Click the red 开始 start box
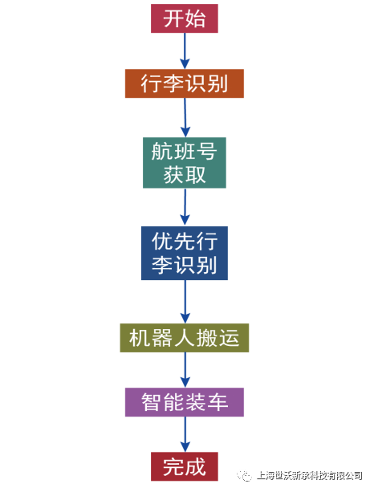click(x=185, y=18)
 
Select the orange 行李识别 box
click(x=185, y=83)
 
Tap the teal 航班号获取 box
click(x=185, y=163)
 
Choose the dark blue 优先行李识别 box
click(x=185, y=253)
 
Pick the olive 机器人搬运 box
click(x=185, y=338)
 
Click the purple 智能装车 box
click(x=185, y=402)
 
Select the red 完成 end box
click(x=185, y=466)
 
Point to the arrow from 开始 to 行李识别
click(x=185, y=51)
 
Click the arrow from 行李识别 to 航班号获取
click(x=185, y=118)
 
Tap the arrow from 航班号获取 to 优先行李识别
click(x=185, y=207)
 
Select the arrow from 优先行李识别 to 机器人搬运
click(x=185, y=302)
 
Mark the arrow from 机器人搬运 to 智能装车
click(x=185, y=370)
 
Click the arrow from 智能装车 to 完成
click(x=185, y=434)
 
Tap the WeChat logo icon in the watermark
click(x=245, y=476)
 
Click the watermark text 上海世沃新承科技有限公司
click(x=310, y=476)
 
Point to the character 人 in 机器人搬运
click(x=185, y=338)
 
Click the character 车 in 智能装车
click(x=217, y=402)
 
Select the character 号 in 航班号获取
click(x=206, y=151)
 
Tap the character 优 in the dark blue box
click(x=163, y=242)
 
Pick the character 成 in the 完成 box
click(x=195, y=467)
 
